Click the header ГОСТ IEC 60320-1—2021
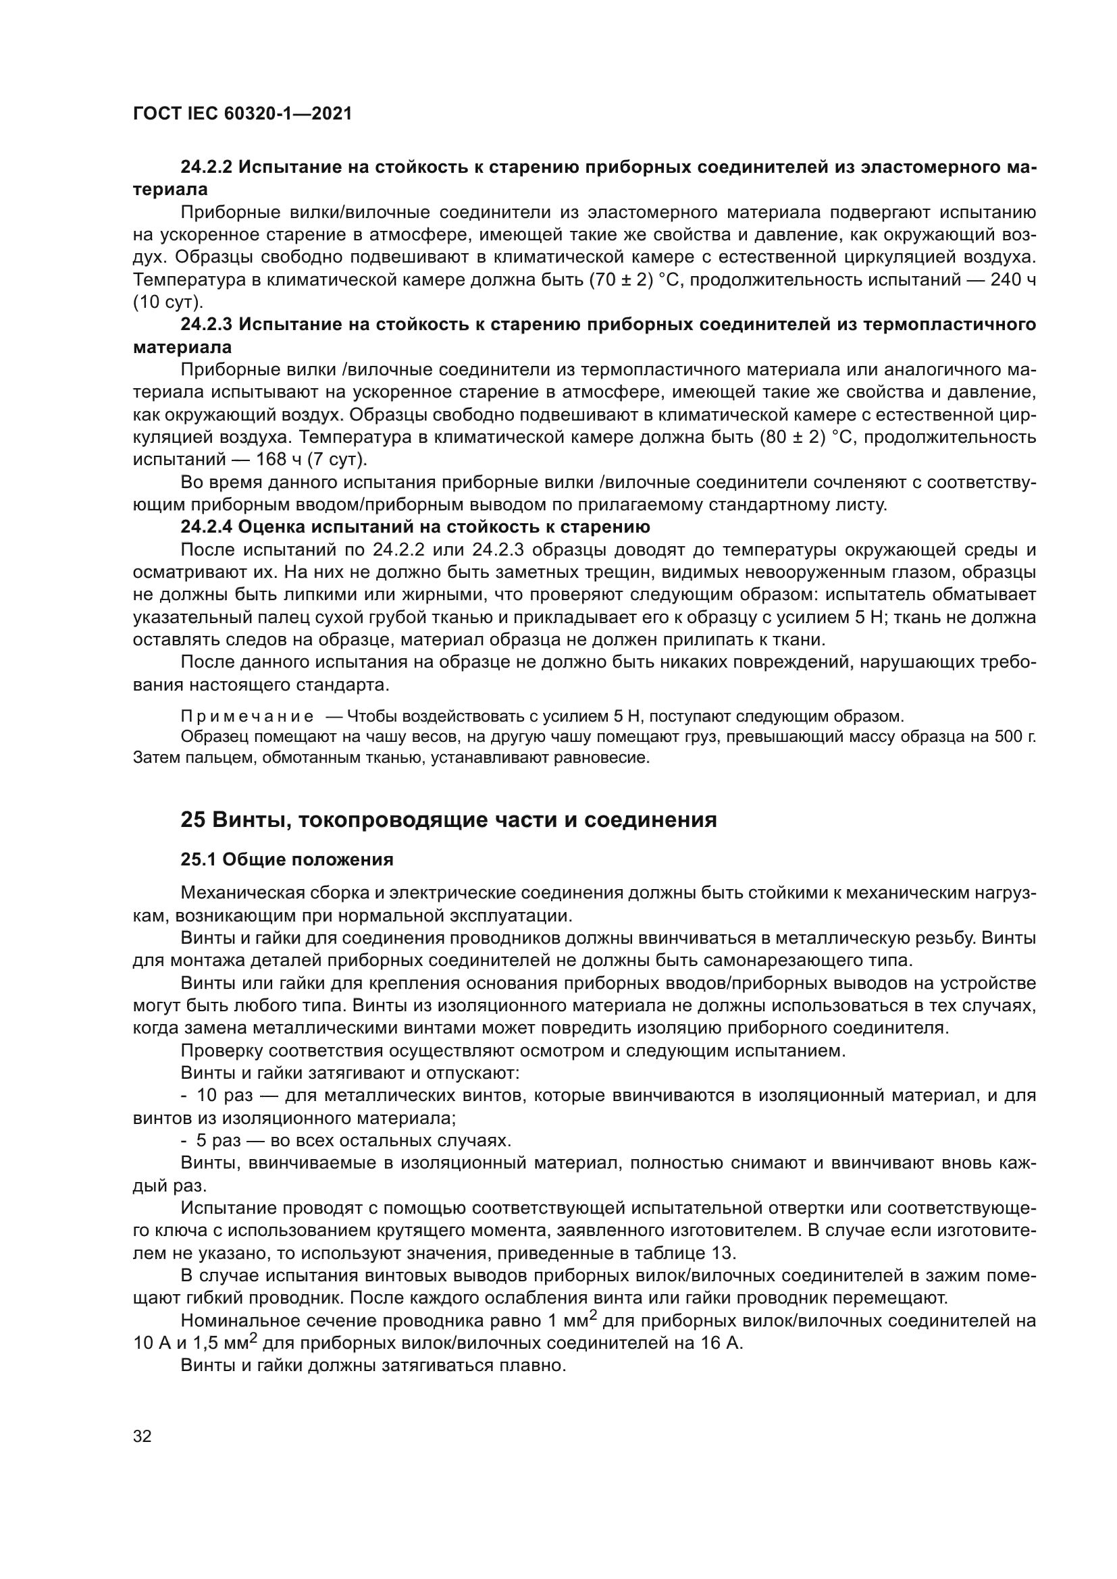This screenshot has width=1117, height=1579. click(242, 114)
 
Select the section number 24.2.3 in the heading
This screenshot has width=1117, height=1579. click(206, 325)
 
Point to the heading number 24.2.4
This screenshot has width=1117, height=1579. click(206, 527)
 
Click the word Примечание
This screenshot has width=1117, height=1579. click(247, 717)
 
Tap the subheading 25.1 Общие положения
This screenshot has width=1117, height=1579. click(287, 859)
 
